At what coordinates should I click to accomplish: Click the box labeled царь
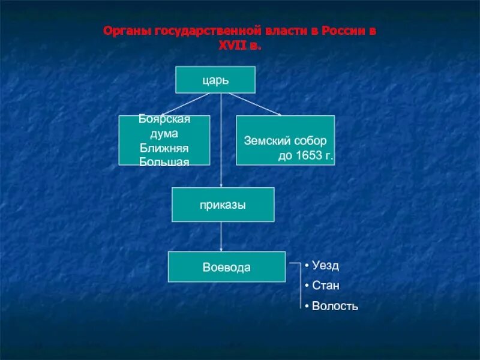click(215, 79)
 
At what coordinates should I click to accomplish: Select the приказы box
click(223, 205)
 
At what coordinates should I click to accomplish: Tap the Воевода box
click(226, 267)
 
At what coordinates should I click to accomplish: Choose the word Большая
click(164, 161)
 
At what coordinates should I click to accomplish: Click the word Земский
click(267, 142)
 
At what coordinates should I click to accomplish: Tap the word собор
click(311, 142)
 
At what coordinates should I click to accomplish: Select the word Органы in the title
click(127, 31)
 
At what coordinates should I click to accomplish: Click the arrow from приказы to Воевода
click(221, 237)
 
